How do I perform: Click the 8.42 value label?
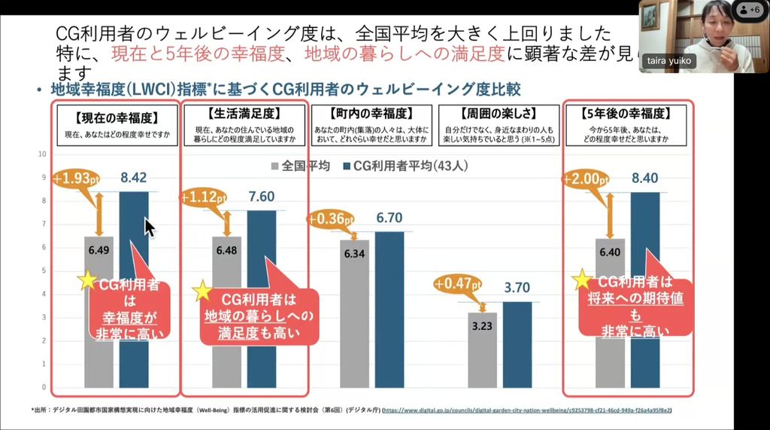134,178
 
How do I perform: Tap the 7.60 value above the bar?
261,196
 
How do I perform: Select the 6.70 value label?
389,218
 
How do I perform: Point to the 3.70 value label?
517,287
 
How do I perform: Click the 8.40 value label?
645,178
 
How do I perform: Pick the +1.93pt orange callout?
76,179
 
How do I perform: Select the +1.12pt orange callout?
204,197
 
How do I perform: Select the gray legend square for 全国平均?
275,166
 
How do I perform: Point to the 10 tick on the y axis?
42,154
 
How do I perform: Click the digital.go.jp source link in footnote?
526,410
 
